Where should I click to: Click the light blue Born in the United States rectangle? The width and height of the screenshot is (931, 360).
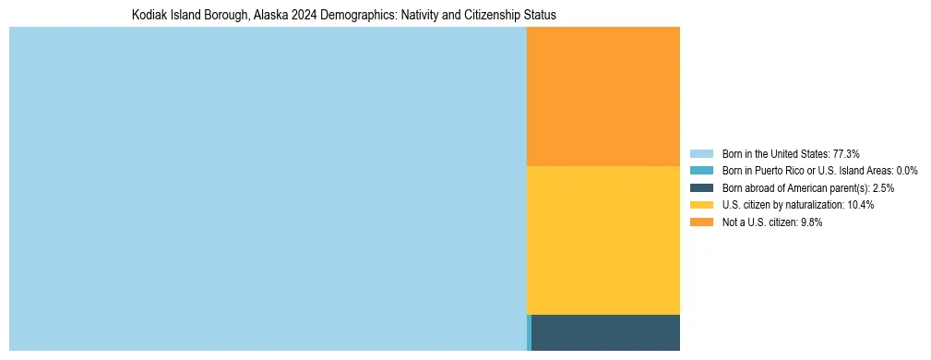coord(268,188)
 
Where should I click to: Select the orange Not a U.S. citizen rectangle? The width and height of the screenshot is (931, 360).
coord(603,96)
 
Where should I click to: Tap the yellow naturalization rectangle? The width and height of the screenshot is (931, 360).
coord(603,240)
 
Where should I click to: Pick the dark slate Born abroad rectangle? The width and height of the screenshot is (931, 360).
coord(605,332)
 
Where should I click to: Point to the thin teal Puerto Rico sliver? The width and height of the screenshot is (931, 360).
coord(529,332)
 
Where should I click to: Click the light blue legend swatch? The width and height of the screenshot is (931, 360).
coord(701,153)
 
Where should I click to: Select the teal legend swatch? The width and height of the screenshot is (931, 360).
coord(701,171)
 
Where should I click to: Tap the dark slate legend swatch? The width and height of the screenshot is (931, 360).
coord(701,188)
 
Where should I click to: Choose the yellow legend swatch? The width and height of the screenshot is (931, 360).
coord(701,205)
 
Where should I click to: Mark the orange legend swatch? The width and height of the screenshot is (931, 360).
coord(701,222)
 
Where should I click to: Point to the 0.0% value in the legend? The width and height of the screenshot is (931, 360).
coord(906,171)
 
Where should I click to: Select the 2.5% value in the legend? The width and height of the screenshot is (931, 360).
coord(881,188)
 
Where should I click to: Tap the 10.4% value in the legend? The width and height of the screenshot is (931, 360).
coord(860,205)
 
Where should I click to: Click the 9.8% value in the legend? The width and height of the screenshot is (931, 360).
coord(810,222)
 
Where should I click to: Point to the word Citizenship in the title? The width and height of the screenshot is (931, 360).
coord(491,16)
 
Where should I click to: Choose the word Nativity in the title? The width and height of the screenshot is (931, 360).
coord(415,16)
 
